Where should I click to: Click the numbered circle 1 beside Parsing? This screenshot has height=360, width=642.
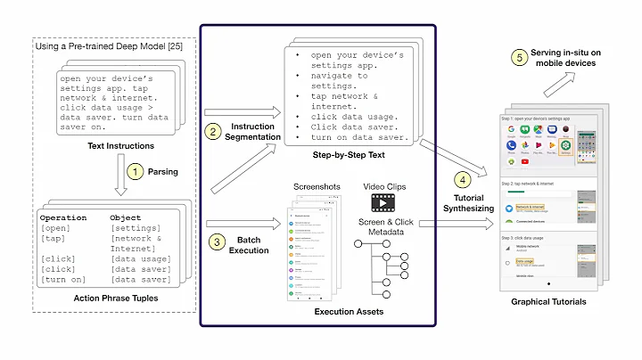pyautogui.click(x=135, y=169)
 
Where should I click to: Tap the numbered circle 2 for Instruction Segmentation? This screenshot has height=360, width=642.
pyautogui.click(x=214, y=133)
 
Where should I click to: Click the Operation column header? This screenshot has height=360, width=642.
pyautogui.click(x=64, y=217)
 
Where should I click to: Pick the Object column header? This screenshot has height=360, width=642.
pyautogui.click(x=126, y=217)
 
